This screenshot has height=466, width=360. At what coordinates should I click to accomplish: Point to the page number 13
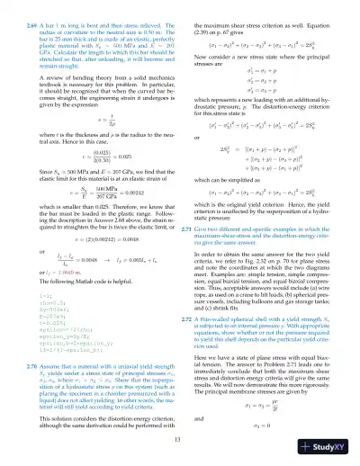coord(179,436)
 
